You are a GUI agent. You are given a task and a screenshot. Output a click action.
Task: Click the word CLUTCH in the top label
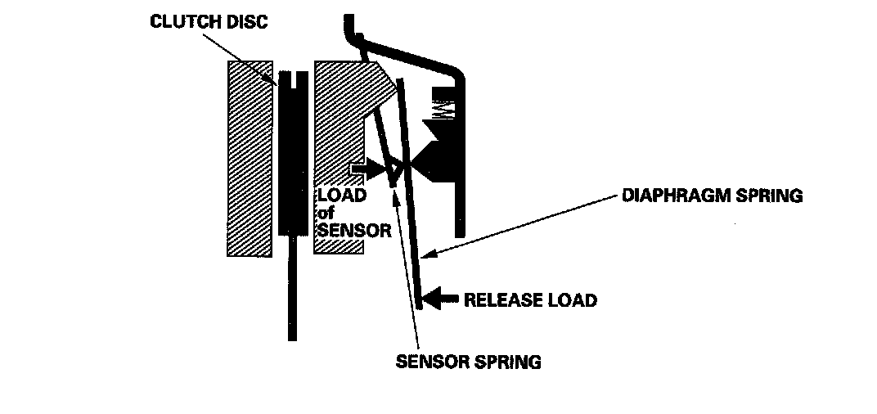(x=179, y=21)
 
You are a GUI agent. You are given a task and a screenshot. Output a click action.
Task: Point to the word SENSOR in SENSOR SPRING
(x=430, y=362)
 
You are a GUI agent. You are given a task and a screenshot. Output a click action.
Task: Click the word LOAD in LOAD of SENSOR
(x=342, y=196)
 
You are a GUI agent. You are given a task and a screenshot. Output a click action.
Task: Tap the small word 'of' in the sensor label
(x=326, y=214)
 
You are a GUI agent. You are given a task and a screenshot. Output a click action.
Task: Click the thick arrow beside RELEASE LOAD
(x=441, y=299)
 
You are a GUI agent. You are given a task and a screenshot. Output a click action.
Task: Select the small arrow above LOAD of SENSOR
(x=365, y=171)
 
